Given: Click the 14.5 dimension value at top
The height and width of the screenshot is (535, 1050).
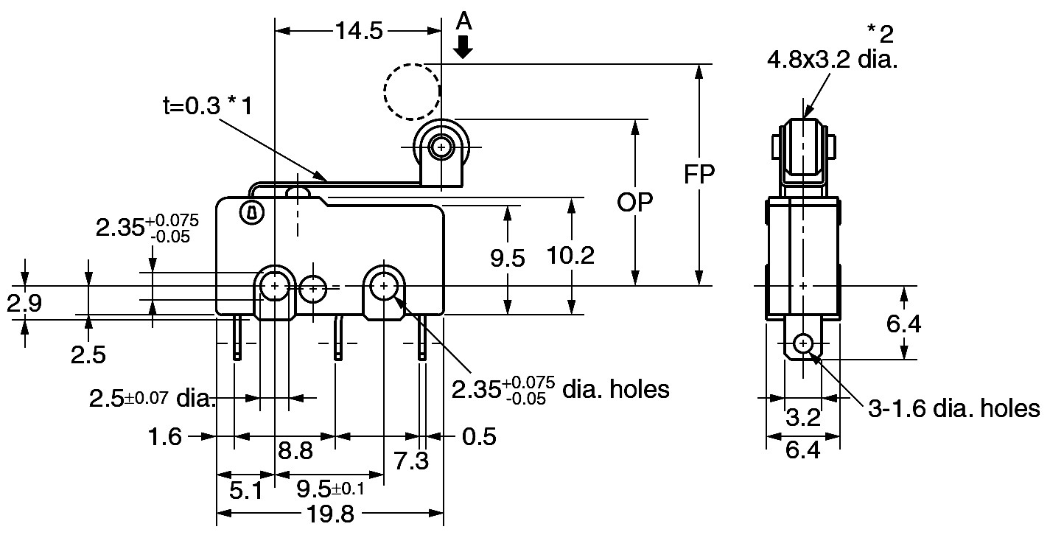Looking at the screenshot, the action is (359, 31).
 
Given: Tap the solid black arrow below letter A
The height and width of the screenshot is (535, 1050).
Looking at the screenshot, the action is (463, 47).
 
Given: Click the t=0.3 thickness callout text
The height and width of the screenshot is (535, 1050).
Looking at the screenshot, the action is (208, 105).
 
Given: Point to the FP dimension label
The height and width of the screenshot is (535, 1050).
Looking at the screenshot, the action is (699, 175).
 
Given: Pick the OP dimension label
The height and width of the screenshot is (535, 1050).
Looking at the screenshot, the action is (634, 203).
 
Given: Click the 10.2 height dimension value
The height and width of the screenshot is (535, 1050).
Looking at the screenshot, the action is (570, 256).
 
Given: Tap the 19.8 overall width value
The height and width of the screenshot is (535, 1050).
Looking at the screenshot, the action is (330, 514).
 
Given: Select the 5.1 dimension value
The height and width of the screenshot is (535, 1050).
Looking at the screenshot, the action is (245, 491).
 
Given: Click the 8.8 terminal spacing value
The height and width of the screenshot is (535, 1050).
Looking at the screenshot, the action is (295, 451).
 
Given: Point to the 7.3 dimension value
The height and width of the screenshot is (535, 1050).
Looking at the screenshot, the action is (411, 461).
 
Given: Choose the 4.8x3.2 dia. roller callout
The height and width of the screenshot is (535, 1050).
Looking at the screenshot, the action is (832, 60).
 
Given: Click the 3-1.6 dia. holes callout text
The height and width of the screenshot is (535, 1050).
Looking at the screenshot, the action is (954, 408).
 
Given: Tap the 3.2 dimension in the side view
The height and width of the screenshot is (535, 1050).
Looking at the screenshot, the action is (803, 417).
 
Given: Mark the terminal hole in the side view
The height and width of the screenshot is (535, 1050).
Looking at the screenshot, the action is (803, 343).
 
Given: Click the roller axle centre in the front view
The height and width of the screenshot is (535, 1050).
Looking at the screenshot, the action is (441, 147).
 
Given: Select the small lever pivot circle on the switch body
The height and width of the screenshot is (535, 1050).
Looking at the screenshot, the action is (252, 214).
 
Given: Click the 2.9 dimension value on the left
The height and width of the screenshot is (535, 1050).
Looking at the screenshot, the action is (24, 303).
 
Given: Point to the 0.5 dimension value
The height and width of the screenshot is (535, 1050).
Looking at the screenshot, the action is (479, 436).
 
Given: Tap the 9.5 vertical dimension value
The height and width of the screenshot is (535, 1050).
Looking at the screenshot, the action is (507, 259).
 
